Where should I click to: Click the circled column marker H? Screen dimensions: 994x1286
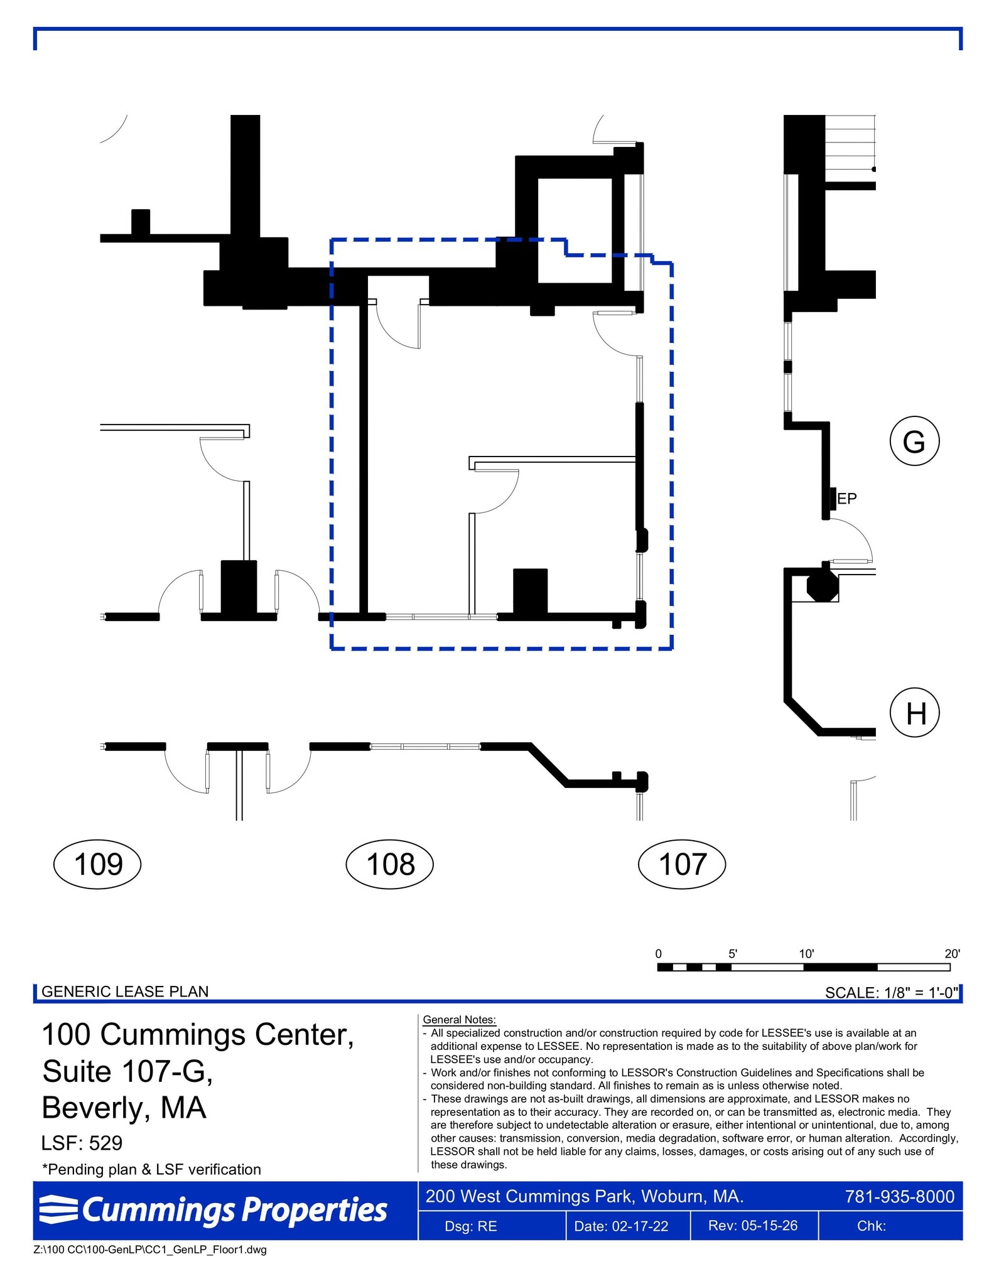pos(915,713)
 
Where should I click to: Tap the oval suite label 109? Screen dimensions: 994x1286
pos(98,864)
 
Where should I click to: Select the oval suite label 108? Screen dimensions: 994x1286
pos(390,864)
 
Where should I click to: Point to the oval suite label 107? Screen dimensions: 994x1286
pos(682,864)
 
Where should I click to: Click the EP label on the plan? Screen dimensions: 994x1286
pos(847,499)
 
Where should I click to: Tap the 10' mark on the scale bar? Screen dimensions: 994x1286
pos(806,954)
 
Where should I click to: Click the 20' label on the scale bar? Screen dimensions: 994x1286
pos(952,954)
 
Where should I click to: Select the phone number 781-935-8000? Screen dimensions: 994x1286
pos(900,1196)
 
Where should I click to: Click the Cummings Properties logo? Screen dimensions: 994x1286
pos(213,1210)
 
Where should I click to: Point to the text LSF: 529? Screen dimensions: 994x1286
pos(82,1143)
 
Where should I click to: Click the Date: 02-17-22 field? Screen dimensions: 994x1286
pos(621,1226)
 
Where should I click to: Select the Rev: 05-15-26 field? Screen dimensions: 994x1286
pos(753,1226)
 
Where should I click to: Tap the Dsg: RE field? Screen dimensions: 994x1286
pos(471,1226)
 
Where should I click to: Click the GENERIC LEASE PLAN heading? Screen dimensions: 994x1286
pos(125,992)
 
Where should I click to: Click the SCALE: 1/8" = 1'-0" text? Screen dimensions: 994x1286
pos(892,992)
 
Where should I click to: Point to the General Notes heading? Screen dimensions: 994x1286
pos(460,1020)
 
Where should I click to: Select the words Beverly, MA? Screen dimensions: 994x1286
pos(124,1108)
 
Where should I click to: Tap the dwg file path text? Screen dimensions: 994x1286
pos(150,1250)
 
